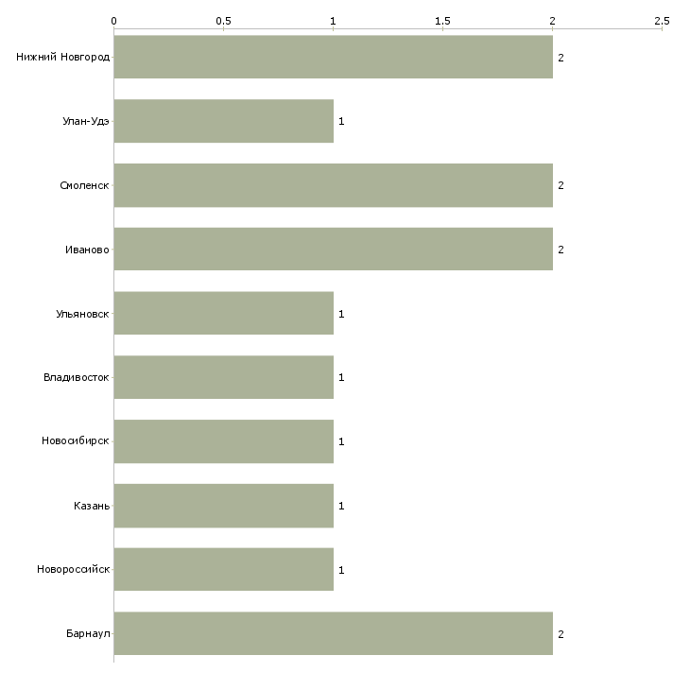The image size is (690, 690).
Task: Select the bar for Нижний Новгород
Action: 333,57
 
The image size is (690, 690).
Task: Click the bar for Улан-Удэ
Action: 224,121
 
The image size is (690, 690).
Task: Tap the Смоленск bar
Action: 333,185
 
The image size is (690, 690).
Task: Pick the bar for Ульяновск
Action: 224,313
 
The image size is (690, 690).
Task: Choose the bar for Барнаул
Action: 333,633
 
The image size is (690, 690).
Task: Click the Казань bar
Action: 224,506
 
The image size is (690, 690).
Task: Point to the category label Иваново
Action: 87,250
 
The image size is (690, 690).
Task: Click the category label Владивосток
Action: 77,377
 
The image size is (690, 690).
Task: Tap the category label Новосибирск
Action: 76,440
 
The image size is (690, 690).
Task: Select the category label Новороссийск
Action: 73,569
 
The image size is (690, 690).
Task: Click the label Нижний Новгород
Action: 63,57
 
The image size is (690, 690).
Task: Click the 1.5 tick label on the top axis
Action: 442,21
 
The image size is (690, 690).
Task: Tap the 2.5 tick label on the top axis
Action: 662,21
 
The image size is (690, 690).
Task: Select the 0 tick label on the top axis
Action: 114,21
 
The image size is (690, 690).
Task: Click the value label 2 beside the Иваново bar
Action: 561,250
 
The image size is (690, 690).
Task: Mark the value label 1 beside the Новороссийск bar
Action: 341,570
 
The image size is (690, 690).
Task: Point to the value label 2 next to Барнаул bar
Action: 561,634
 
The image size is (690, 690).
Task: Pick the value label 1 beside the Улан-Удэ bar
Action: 341,121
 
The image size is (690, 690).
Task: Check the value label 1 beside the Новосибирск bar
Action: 341,441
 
